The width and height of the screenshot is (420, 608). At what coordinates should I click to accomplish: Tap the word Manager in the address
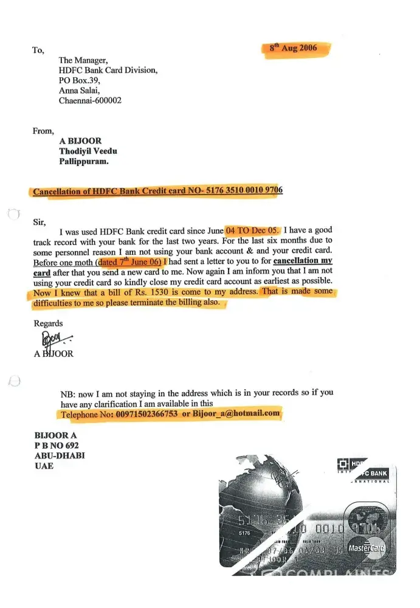pos(92,60)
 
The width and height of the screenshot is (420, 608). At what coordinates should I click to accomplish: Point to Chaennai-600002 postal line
pos(90,100)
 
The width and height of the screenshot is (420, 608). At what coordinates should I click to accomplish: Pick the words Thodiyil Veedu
pos(88,151)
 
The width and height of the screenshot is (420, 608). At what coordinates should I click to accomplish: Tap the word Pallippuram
pos(84,162)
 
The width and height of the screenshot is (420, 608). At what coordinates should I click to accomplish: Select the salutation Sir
pos(39,222)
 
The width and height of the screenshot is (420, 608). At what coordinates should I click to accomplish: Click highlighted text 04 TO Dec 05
pos(252,231)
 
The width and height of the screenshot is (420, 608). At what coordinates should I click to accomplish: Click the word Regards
pos(48,323)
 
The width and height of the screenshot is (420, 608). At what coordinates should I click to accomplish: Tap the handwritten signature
pos(54,339)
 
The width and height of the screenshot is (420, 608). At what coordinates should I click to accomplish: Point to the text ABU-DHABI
pos(59,455)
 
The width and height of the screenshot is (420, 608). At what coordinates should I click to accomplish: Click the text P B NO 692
pos(57,445)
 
